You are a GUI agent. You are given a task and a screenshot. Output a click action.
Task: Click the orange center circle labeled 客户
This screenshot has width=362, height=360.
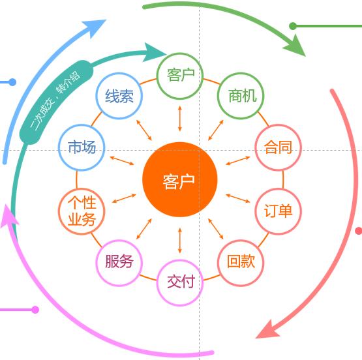coord(180,179)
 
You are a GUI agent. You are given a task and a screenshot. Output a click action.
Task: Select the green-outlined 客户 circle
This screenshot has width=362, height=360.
coord(180,76)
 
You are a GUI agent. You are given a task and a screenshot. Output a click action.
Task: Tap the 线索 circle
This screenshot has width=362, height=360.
coord(119,96)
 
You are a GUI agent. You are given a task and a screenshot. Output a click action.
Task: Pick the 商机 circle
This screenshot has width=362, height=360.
coord(241,96)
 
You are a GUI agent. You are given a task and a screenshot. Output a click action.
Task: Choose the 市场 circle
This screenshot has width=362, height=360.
coord(82,147)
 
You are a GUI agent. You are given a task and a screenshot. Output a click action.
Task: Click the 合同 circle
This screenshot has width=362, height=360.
coord(279,147)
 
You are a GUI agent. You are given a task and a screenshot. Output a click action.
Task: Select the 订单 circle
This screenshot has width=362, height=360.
coord(279,211)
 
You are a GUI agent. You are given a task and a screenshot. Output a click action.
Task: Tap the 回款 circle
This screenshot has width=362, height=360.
coord(241,263)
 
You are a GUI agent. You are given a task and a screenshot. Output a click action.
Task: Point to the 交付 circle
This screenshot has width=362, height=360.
coord(180,282)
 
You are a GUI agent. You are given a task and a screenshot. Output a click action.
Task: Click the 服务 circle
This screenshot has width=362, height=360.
coord(119,263)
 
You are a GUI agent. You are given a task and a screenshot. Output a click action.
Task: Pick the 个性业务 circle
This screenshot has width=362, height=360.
coord(82,211)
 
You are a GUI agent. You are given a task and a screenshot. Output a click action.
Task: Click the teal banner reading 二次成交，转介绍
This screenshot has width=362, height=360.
coord(57,102)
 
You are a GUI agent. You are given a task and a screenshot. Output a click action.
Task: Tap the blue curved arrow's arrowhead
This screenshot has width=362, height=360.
coord(96,27)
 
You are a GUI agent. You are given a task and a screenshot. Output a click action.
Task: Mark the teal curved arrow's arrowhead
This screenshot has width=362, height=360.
coord(153,53)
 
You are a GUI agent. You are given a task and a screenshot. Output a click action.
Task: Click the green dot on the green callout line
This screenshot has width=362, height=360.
coord(293,26)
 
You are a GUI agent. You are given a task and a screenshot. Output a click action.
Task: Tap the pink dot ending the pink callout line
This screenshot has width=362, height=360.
coord(35,310)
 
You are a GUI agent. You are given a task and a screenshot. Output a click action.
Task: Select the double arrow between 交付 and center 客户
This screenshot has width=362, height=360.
coord(180,241)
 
